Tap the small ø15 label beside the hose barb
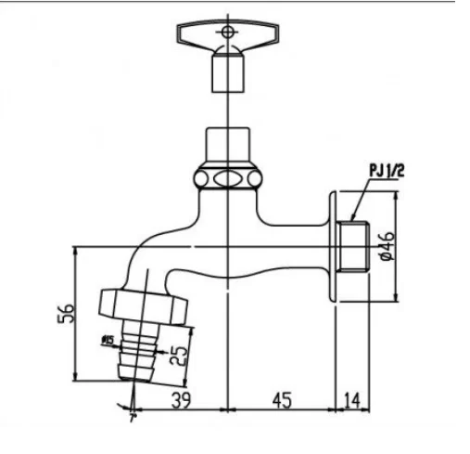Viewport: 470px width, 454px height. [x=108, y=341]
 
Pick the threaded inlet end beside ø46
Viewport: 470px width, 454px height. [x=352, y=246]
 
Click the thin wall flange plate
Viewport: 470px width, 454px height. [x=331, y=246]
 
